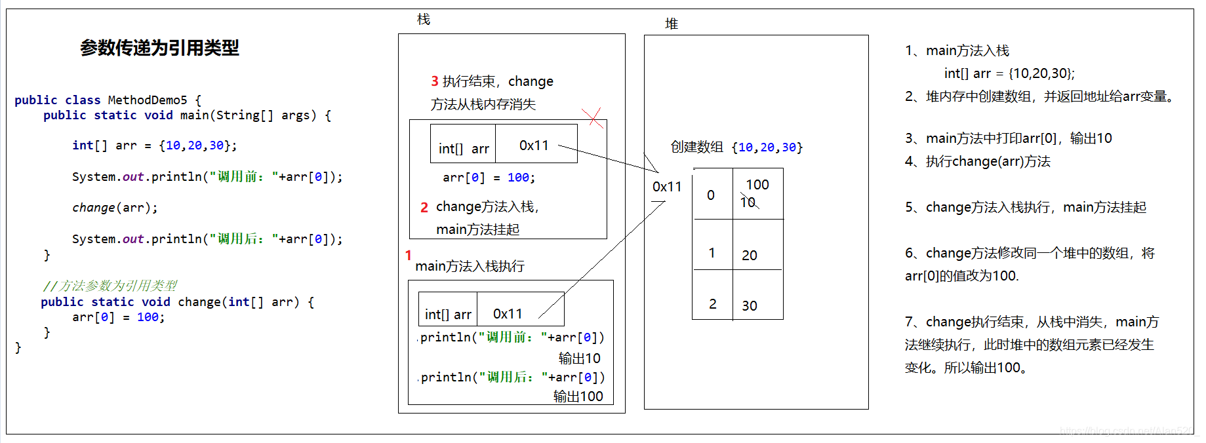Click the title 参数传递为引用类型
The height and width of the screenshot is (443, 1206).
159,48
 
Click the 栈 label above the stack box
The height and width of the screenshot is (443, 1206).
424,20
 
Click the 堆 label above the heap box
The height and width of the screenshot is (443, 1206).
672,24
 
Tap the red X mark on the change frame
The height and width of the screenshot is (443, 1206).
593,118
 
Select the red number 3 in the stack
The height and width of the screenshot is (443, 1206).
435,81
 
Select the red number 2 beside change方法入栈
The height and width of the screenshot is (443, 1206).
424,207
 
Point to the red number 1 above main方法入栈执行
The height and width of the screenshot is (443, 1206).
408,255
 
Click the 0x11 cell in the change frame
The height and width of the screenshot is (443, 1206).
534,145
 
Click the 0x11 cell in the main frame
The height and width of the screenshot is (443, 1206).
508,314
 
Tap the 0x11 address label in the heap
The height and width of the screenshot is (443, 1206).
667,187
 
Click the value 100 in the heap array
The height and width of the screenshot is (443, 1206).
757,185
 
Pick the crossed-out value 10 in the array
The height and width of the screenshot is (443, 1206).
748,202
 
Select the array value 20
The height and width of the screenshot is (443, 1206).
750,256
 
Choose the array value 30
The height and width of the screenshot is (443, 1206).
750,306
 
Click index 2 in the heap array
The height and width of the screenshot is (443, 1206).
713,304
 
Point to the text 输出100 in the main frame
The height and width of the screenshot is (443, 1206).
578,396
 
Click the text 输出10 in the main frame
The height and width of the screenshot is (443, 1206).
580,358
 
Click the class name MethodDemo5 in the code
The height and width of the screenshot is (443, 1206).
148,100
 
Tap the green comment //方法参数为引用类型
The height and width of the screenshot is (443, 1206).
110,286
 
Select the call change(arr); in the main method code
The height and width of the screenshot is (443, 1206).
115,208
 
